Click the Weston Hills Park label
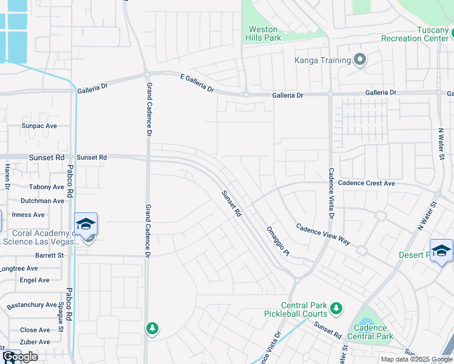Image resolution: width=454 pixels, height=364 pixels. pyautogui.click(x=263, y=33)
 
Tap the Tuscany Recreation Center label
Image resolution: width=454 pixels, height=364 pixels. pyautogui.click(x=415, y=34)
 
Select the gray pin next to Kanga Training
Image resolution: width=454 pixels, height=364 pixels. pyautogui.click(x=360, y=59)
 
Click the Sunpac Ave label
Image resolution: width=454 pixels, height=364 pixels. pyautogui.click(x=39, y=126)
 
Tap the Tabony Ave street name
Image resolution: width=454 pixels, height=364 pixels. pyautogui.click(x=46, y=187)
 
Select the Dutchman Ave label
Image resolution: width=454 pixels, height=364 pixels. pyautogui.click(x=42, y=201)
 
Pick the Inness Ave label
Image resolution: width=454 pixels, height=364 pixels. pyautogui.click(x=28, y=215)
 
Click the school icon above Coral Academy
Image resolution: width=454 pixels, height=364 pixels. pyautogui.click(x=86, y=224)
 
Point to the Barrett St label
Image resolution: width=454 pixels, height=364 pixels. pyautogui.click(x=49, y=255)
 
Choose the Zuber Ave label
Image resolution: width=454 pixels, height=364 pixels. pyautogui.click(x=35, y=342)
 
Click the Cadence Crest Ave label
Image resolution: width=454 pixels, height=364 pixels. pyautogui.click(x=366, y=183)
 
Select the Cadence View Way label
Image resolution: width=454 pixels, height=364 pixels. pyautogui.click(x=323, y=235)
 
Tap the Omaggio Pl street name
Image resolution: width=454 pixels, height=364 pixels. pyautogui.click(x=279, y=241)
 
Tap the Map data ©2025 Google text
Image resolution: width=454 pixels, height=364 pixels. pyautogui.click(x=416, y=359)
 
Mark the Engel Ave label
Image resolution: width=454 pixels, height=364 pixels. pyautogui.click(x=35, y=280)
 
